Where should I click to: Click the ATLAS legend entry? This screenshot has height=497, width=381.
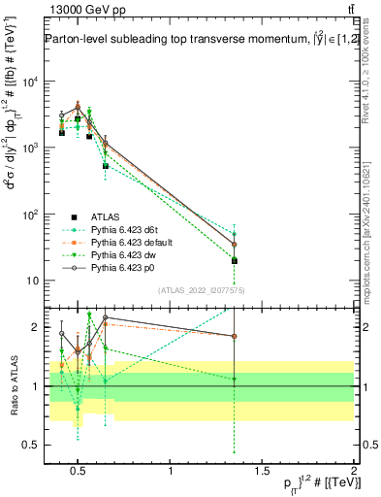[x=107, y=216]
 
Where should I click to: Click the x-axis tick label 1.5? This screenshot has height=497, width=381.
[x=262, y=472]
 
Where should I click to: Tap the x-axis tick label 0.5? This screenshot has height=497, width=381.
[x=79, y=472]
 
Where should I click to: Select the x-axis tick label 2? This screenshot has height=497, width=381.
[x=353, y=472]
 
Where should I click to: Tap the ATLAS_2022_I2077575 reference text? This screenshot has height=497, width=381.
[x=202, y=290]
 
